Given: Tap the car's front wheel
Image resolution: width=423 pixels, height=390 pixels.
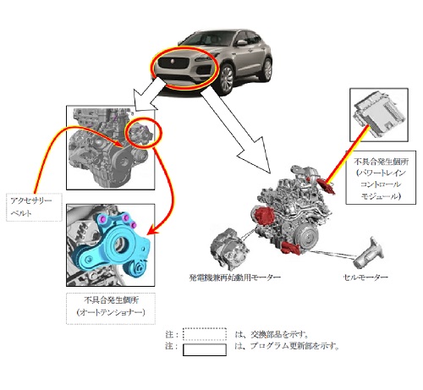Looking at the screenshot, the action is (x=226, y=80).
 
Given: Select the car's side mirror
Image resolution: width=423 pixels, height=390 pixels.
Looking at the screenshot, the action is (x=242, y=42).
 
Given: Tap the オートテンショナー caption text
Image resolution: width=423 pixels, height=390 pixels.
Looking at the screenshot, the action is (x=111, y=312).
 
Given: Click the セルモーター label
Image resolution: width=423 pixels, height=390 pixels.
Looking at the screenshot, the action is (x=365, y=277).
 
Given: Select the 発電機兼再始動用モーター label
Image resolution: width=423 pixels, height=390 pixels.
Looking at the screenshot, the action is (x=234, y=277).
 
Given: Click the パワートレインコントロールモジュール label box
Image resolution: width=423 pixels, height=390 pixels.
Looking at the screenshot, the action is (x=381, y=178).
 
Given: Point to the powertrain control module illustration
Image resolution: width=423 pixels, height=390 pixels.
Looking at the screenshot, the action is (x=379, y=114).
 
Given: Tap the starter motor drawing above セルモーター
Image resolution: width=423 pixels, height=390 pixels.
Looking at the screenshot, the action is (x=368, y=253).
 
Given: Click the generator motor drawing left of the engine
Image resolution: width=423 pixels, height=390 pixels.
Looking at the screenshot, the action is (x=229, y=247).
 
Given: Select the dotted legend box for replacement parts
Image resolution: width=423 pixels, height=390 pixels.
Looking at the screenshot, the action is (x=205, y=334).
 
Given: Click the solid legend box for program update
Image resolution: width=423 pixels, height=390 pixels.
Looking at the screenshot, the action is (x=205, y=349).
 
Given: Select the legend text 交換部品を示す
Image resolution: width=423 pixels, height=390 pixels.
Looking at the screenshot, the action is (x=279, y=334).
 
